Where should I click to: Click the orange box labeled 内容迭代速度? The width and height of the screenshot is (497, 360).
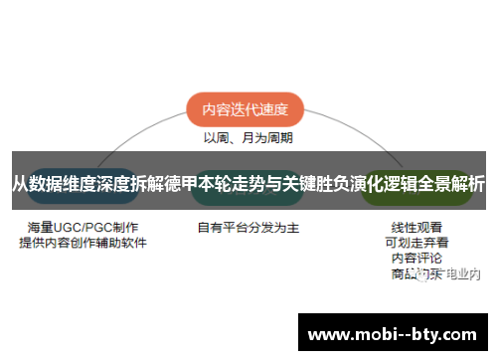click(x=245, y=110)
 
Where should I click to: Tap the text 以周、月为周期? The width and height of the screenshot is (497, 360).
click(x=248, y=138)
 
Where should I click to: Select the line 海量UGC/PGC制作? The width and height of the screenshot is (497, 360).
click(x=83, y=227)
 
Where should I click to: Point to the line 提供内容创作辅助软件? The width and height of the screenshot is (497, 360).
click(x=83, y=243)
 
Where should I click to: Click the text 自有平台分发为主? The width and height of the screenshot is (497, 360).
click(x=248, y=228)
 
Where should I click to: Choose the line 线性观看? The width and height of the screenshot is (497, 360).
click(x=416, y=227)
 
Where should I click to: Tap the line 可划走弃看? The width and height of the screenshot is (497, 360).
click(x=416, y=242)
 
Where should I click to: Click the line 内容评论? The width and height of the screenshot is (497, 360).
click(x=416, y=258)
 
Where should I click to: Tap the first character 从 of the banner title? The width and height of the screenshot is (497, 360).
click(x=19, y=184)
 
